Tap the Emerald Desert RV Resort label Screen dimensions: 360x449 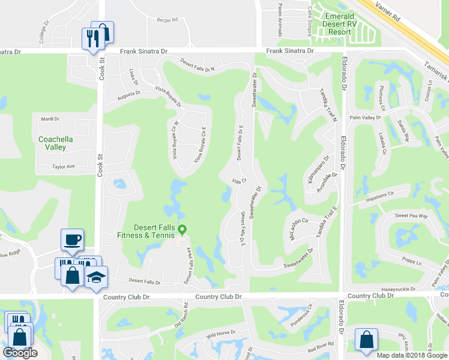pos(345,24)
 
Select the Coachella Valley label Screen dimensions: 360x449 pos(56,143)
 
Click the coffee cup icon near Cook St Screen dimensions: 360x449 pos(72,241)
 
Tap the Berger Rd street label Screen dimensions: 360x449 pos(167,20)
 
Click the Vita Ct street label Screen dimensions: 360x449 pos(240,181)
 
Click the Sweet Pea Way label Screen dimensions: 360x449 pos(411,215)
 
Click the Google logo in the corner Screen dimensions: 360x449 pos(20,353)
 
